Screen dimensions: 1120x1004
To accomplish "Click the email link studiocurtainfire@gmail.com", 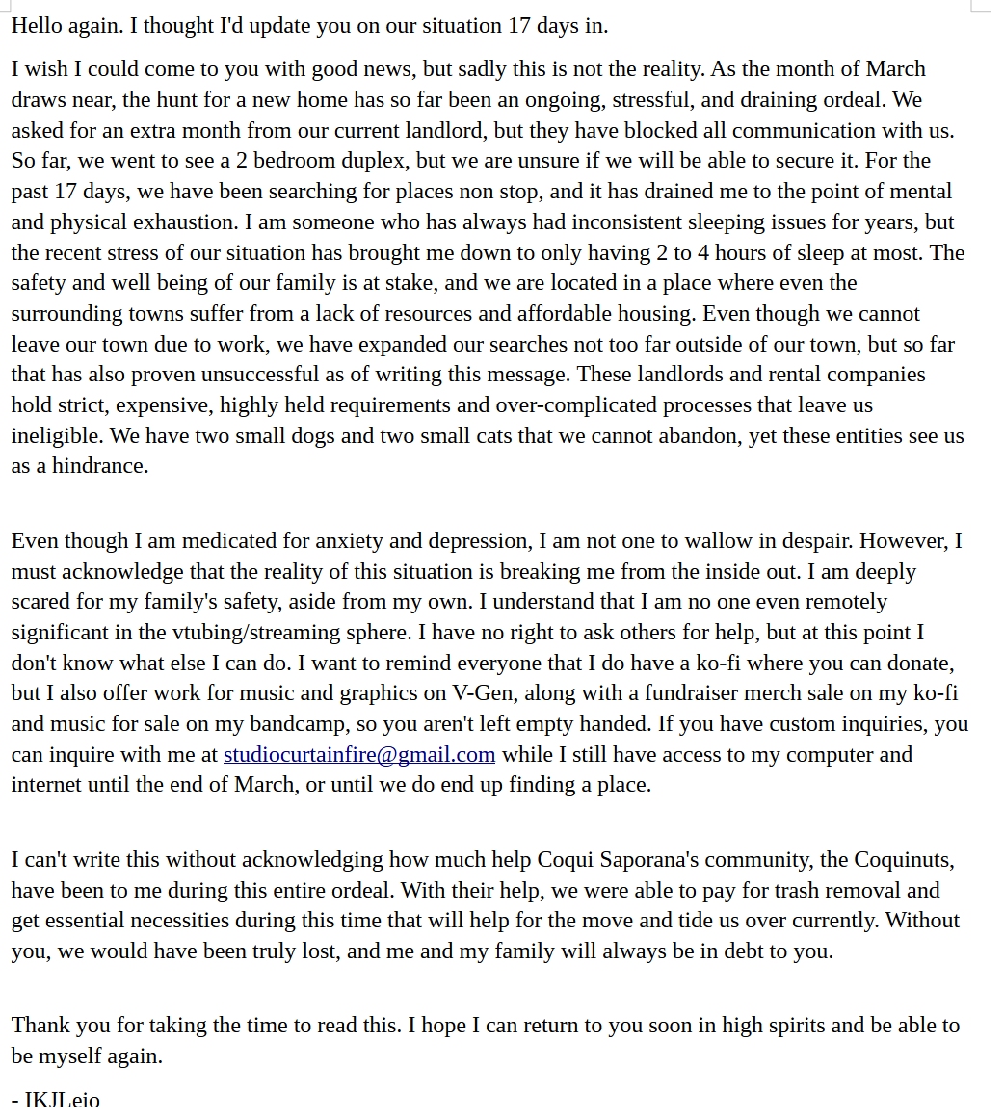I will pyautogui.click(x=358, y=755).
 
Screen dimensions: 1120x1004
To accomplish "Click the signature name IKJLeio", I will pyautogui.click(x=62, y=1100).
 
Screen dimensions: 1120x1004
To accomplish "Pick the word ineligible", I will pyautogui.click(x=57, y=435).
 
